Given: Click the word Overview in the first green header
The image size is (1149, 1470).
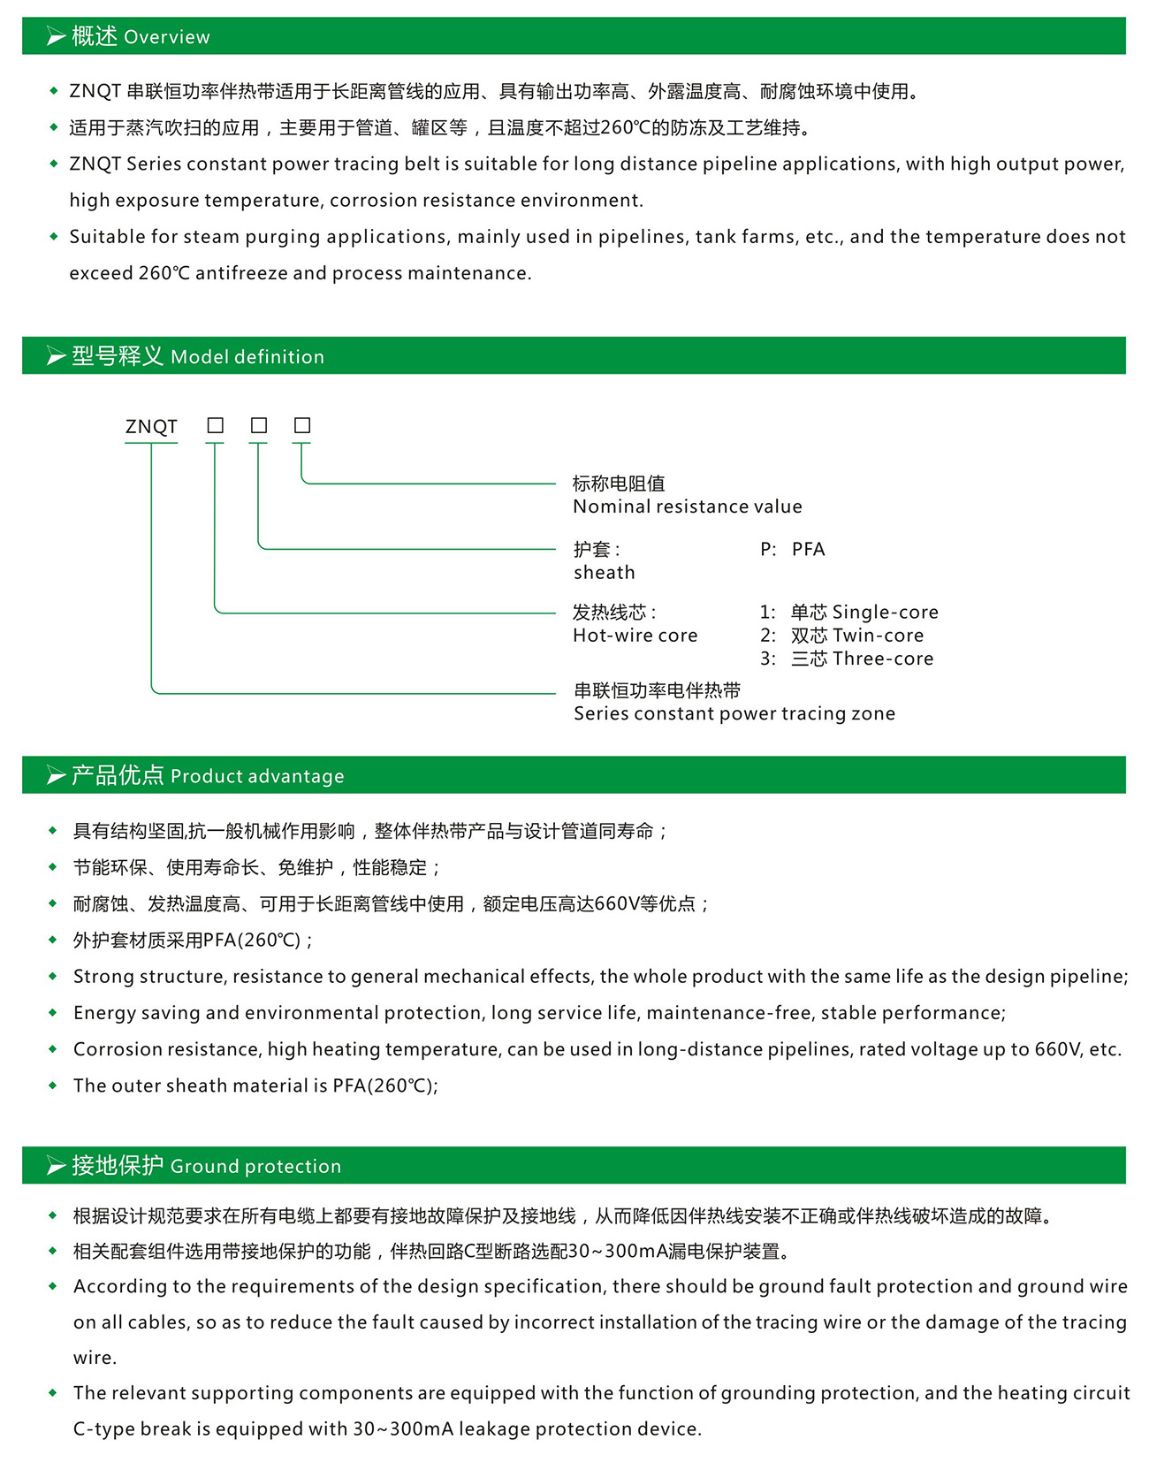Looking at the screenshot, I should (167, 37).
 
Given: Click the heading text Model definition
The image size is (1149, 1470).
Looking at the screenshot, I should (247, 357).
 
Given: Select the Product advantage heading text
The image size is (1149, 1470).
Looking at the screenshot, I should (256, 776).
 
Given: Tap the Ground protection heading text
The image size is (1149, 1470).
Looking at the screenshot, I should (255, 1167).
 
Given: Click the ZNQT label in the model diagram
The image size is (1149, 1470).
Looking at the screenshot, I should (151, 427).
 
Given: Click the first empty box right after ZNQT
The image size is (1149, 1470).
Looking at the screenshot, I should (215, 426).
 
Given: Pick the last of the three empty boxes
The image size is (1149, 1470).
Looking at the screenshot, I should (302, 426).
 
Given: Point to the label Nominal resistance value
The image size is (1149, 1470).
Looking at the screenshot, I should (687, 507).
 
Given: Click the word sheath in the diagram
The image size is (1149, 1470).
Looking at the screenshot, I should (604, 573).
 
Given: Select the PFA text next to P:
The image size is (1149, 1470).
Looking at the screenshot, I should (808, 550).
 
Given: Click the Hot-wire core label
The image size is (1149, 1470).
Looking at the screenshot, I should (635, 636).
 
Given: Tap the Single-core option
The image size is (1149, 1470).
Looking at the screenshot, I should (885, 613).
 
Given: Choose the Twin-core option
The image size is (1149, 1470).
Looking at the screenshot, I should (878, 636).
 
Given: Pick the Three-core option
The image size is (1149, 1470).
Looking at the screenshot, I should (882, 659).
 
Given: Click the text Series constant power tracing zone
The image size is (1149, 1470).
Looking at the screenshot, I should (734, 714).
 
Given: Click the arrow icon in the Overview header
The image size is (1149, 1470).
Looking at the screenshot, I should (56, 37).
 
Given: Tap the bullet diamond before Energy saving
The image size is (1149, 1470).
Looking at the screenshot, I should (53, 1013).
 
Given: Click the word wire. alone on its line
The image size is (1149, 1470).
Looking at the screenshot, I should (95, 1358).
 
